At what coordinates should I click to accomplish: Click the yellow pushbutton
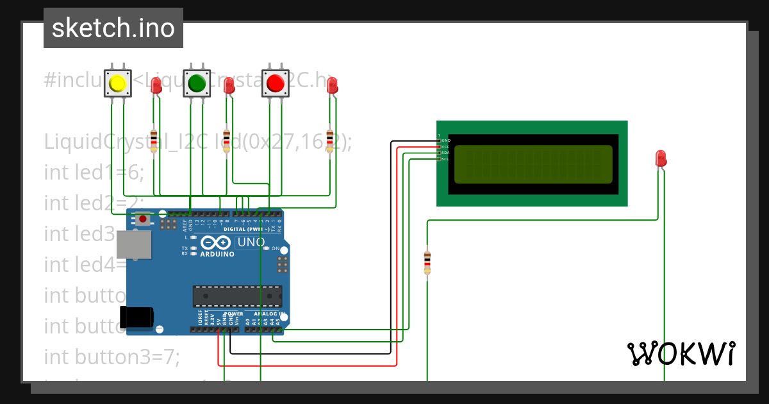point(118,83)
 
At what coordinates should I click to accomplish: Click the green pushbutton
point(197,83)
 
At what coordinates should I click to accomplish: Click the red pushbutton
point(276,83)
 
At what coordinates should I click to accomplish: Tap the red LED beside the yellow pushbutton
point(156,86)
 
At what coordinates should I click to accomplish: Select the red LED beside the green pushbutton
point(229,86)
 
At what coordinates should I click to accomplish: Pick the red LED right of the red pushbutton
point(332,86)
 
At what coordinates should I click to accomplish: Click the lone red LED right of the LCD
point(662,159)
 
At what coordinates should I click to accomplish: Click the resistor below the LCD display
point(427,262)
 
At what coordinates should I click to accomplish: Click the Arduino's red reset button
point(143,220)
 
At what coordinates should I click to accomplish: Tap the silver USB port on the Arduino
point(133,244)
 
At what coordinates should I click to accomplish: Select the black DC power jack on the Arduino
point(136,317)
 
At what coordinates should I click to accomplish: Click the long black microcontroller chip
point(237,296)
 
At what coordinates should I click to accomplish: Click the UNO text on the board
point(251,243)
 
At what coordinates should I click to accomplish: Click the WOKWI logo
point(681,354)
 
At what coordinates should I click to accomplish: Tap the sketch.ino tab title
point(113,28)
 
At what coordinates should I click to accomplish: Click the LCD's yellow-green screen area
point(533,165)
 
